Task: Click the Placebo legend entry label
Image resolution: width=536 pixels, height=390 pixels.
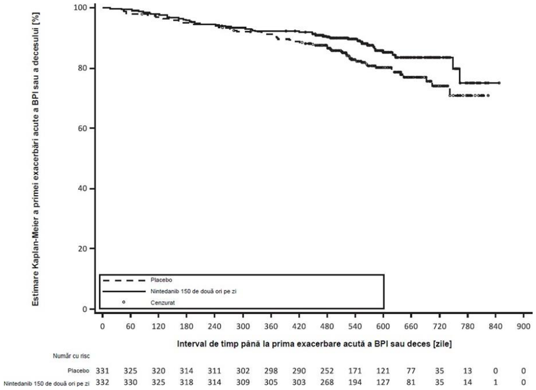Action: [x=161, y=280]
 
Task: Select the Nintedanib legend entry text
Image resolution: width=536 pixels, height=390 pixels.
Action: [x=193, y=291]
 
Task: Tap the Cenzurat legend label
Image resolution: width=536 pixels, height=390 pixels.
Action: [x=163, y=302]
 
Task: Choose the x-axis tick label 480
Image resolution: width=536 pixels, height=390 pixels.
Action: [x=327, y=326]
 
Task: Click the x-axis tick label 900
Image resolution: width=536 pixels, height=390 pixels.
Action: [x=524, y=326]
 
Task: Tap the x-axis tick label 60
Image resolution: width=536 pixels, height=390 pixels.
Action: [x=130, y=326]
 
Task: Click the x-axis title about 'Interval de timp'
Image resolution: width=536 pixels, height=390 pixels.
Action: [x=314, y=344]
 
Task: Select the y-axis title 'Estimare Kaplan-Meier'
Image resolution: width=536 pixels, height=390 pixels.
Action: [x=36, y=159]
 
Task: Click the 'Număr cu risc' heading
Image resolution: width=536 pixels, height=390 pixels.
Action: [x=71, y=356]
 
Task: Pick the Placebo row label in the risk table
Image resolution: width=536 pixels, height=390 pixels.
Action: [x=78, y=371]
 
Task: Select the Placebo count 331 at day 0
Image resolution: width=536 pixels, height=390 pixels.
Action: [x=102, y=371]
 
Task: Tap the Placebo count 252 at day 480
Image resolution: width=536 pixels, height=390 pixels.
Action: [x=327, y=371]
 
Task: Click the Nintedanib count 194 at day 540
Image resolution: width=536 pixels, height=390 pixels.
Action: [x=355, y=383]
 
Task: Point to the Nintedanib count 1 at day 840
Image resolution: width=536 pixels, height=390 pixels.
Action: [x=496, y=383]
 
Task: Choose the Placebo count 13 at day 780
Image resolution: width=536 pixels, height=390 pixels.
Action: [x=467, y=371]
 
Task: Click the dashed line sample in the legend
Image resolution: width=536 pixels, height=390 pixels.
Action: [x=124, y=280]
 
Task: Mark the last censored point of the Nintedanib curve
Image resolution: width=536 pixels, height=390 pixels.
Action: [x=499, y=83]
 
